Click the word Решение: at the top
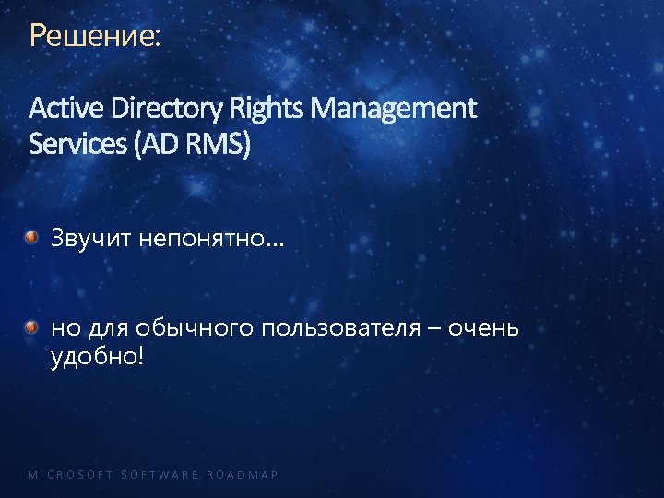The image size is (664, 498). [x=94, y=36]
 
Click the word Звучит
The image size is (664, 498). [x=91, y=240]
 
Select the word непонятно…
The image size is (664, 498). [x=212, y=240]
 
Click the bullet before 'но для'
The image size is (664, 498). [x=31, y=326]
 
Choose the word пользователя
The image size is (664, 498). [x=354, y=327]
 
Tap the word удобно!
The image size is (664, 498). [x=97, y=356]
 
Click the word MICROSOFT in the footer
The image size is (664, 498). [x=70, y=475]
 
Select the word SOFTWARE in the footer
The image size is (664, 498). [x=160, y=475]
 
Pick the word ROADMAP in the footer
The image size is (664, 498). [x=243, y=475]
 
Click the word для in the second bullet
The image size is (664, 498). [x=107, y=327]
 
